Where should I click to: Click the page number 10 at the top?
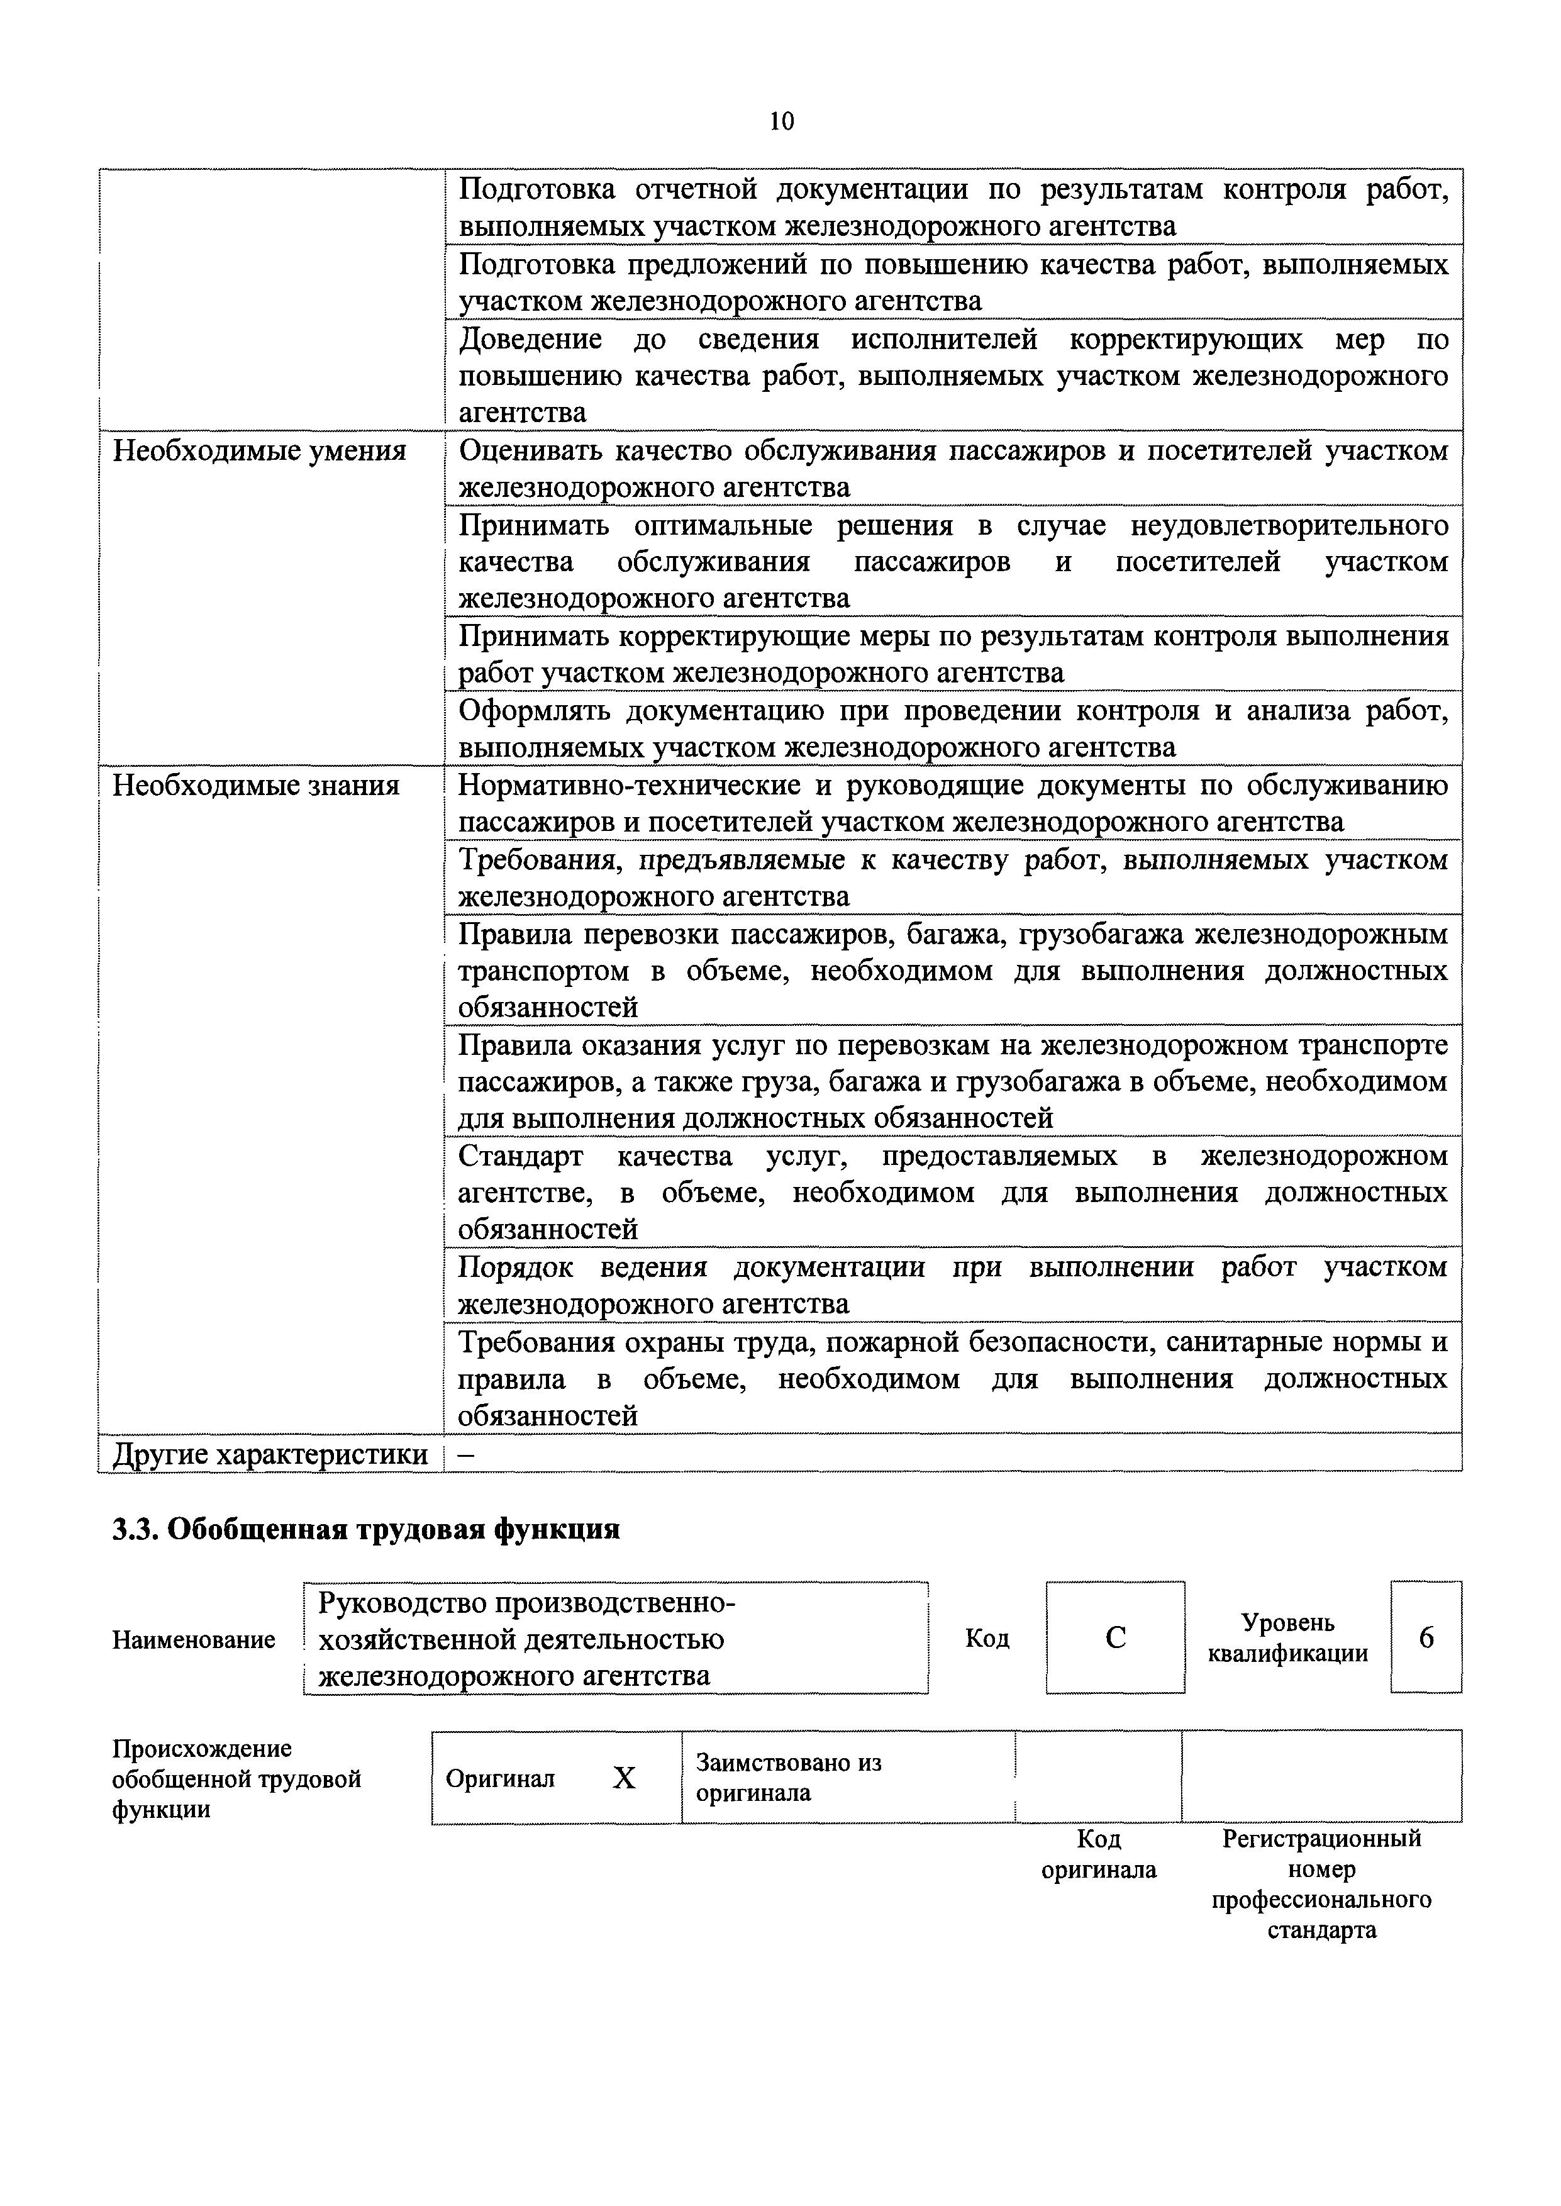point(782,121)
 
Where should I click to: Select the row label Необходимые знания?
point(256,785)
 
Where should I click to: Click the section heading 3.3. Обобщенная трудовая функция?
point(365,1529)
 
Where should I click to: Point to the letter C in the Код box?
point(1115,1637)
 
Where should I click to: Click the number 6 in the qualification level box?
point(1426,1637)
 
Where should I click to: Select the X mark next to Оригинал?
point(624,1778)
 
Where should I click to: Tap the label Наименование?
point(193,1639)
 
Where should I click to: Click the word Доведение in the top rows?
point(531,339)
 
